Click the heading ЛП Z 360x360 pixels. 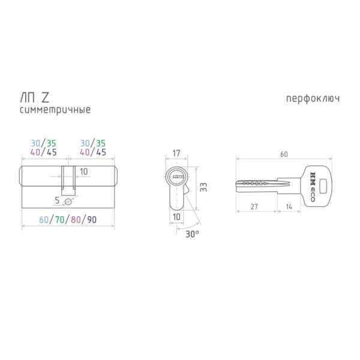pyautogui.click(x=35, y=98)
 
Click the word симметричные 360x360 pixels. pyautogui.click(x=55, y=110)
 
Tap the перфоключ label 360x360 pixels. pyautogui.click(x=313, y=99)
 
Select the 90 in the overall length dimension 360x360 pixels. pyautogui.click(x=92, y=220)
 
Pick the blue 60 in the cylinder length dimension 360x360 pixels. pyautogui.click(x=44, y=220)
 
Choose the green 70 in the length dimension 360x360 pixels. pyautogui.click(x=59, y=220)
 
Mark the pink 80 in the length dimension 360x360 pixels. pyautogui.click(x=76, y=220)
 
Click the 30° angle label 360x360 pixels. pyautogui.click(x=192, y=234)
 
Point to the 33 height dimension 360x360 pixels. pyautogui.click(x=203, y=187)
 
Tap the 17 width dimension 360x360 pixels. pyautogui.click(x=176, y=154)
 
